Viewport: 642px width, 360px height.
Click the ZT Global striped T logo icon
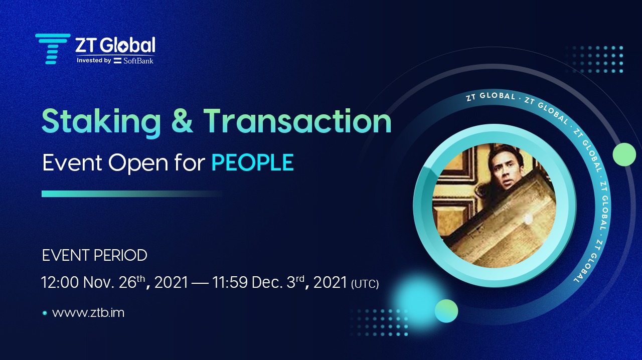(x=52, y=49)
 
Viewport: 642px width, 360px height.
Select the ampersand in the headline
(x=182, y=122)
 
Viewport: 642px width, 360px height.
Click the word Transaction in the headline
(x=297, y=122)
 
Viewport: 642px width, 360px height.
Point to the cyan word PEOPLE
(x=252, y=163)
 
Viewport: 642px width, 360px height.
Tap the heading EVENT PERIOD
(x=94, y=255)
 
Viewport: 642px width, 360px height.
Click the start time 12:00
(x=61, y=283)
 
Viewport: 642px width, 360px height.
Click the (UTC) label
(x=365, y=284)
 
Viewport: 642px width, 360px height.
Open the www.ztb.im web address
(x=88, y=313)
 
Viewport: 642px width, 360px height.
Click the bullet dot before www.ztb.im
(x=45, y=313)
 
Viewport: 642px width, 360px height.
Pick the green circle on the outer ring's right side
(x=624, y=154)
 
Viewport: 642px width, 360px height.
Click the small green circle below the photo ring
(x=446, y=310)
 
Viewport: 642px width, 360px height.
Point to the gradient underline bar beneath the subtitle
(x=131, y=194)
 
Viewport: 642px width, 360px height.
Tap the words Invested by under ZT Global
(x=94, y=61)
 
